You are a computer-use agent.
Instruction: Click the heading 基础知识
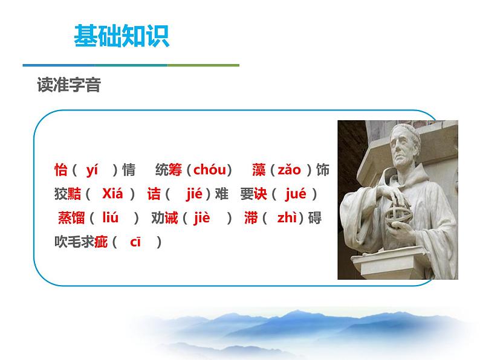121,36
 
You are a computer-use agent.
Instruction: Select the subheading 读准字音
68,86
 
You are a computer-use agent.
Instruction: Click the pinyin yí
92,170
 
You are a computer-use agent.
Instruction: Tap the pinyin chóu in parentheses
209,170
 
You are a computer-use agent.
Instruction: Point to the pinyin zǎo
288,170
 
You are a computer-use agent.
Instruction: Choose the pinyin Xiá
112,194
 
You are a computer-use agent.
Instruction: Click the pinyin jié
193,194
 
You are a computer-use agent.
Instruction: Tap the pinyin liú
111,218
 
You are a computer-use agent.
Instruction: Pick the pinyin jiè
201,218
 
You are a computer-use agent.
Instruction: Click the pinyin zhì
287,218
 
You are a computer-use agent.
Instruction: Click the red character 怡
60,170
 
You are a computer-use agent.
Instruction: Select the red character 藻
259,170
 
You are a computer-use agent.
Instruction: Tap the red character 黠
75,194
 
